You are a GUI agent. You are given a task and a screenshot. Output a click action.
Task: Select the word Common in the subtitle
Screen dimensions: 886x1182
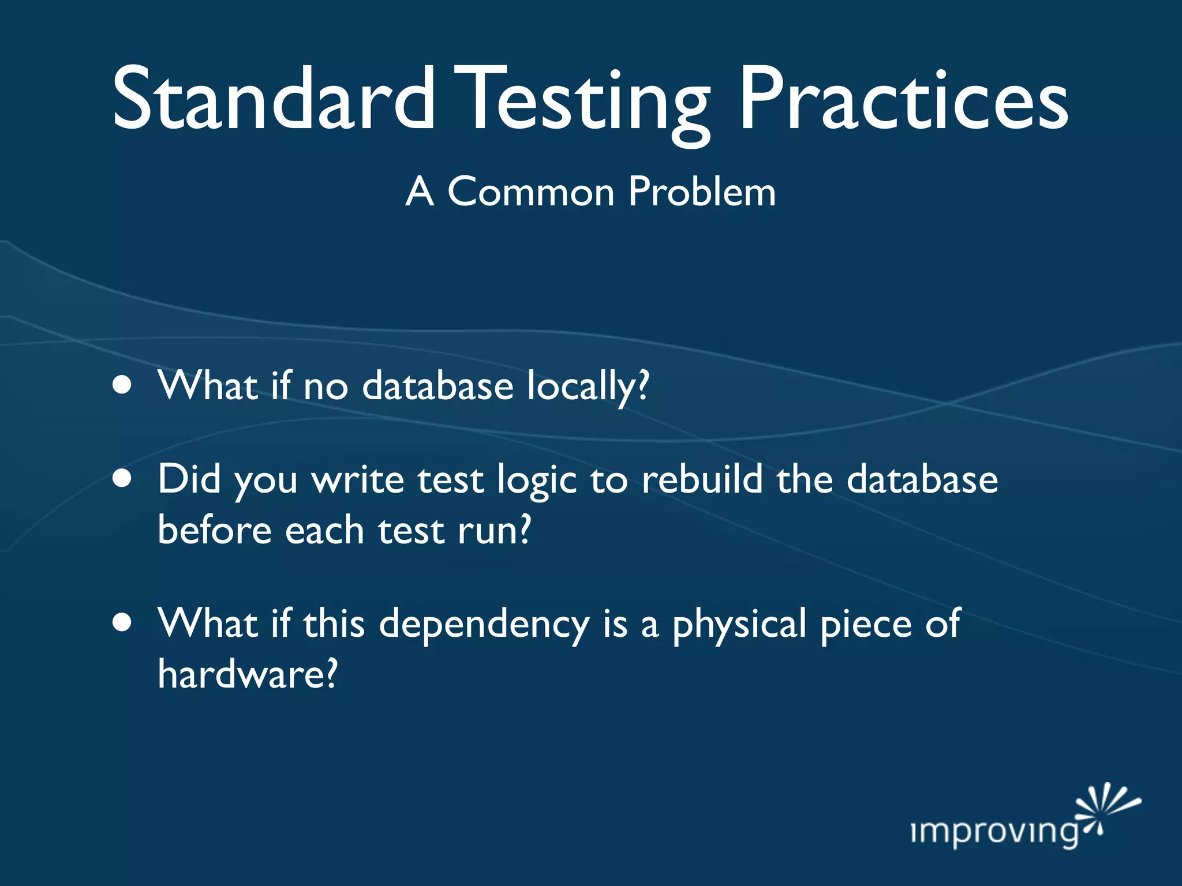(531, 192)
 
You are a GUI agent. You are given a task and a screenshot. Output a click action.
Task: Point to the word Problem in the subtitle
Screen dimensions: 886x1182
(702, 192)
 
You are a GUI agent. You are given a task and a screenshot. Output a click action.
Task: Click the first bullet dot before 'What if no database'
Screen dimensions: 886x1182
(122, 385)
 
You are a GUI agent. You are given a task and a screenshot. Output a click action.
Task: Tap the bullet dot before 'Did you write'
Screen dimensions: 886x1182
(122, 478)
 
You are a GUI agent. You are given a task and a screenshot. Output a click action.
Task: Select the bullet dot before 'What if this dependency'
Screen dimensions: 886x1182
(122, 623)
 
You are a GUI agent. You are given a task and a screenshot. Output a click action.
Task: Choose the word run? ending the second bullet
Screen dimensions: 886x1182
(494, 531)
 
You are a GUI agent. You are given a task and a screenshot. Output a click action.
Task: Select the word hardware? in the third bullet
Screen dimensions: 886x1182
(247, 674)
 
